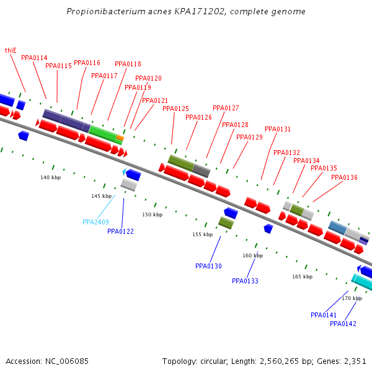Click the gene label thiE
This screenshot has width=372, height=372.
[11, 50]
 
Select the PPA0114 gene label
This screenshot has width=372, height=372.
[34, 58]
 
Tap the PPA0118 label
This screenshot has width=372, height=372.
[128, 64]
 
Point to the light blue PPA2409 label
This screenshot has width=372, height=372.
[95, 222]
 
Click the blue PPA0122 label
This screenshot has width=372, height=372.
[120, 231]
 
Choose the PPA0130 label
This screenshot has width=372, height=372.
[208, 266]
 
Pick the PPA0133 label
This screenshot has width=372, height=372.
[245, 281]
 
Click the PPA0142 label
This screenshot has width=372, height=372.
[343, 324]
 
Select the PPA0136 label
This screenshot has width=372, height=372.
[344, 177]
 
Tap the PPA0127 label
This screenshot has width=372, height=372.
[226, 108]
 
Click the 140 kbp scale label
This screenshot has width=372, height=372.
[51, 177]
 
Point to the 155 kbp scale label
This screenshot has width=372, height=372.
[202, 234]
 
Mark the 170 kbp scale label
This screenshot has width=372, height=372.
[352, 298]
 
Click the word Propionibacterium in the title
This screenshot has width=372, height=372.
[102, 12]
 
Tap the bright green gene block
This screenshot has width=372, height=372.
[103, 134]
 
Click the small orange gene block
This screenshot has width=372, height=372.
[120, 137]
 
